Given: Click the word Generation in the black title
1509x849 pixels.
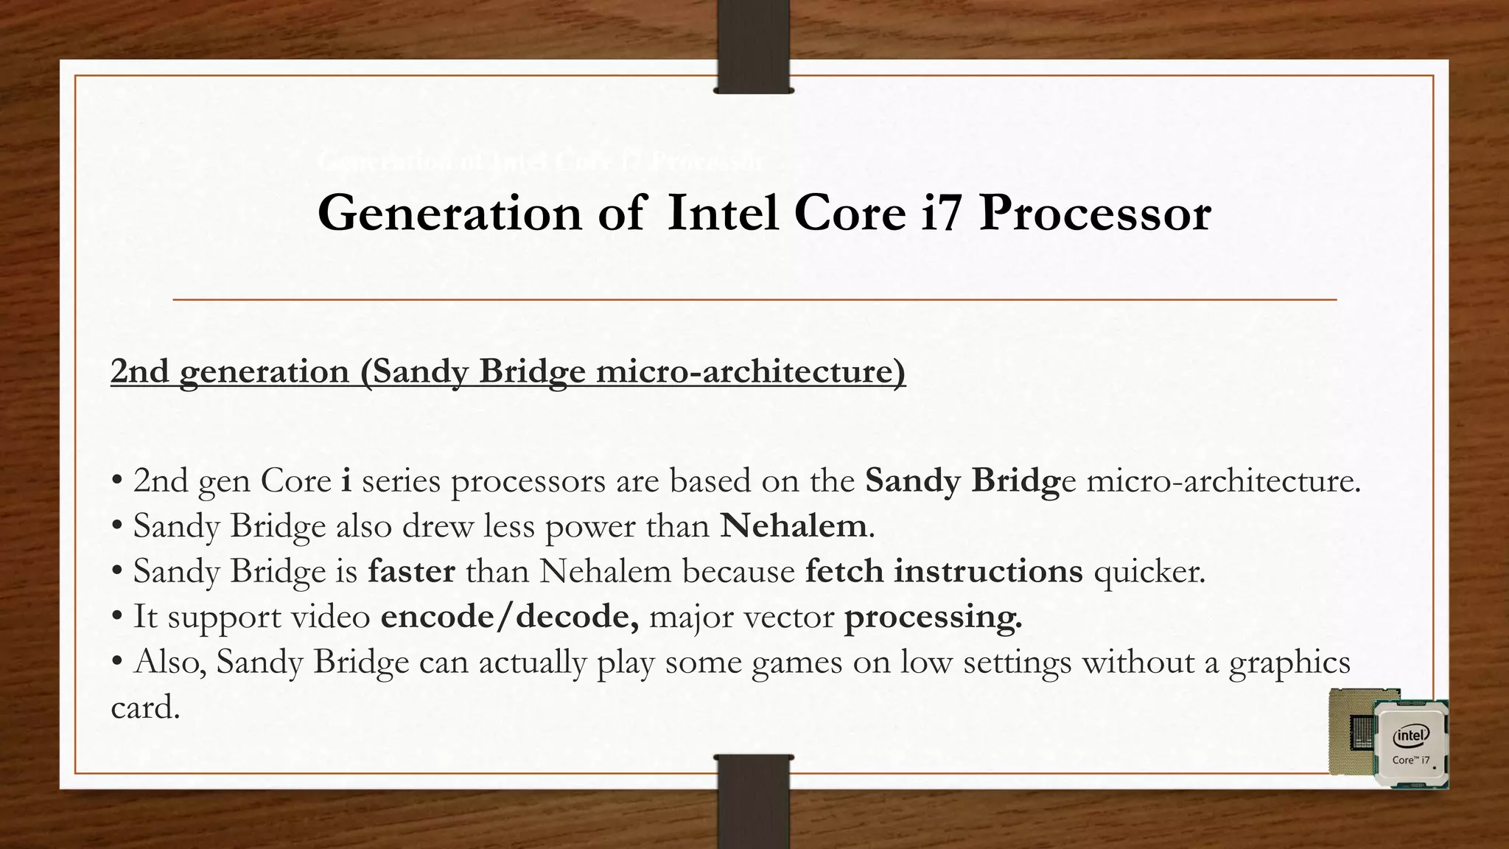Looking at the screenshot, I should (x=449, y=214).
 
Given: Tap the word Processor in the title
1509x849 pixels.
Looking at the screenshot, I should (x=1094, y=214).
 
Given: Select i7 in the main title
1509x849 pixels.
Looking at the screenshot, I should (x=941, y=214).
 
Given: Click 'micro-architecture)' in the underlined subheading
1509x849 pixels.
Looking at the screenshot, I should (x=750, y=371).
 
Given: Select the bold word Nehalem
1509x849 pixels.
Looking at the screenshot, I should (x=793, y=526).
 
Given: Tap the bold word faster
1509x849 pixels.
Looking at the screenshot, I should (x=411, y=571).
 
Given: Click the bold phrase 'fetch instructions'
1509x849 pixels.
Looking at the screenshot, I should (x=944, y=571).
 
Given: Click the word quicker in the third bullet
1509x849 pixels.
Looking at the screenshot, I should (x=1149, y=572).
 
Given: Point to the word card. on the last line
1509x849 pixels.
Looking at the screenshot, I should (x=145, y=707).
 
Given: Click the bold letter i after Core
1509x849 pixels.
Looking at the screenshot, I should (x=346, y=481).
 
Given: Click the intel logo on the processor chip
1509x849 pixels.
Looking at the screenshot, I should (x=1411, y=736).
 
